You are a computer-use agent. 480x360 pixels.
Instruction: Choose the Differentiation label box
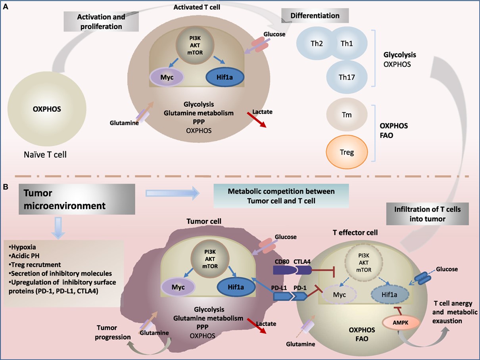(x=315, y=16)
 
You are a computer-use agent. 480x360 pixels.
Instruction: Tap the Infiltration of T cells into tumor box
(x=428, y=213)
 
